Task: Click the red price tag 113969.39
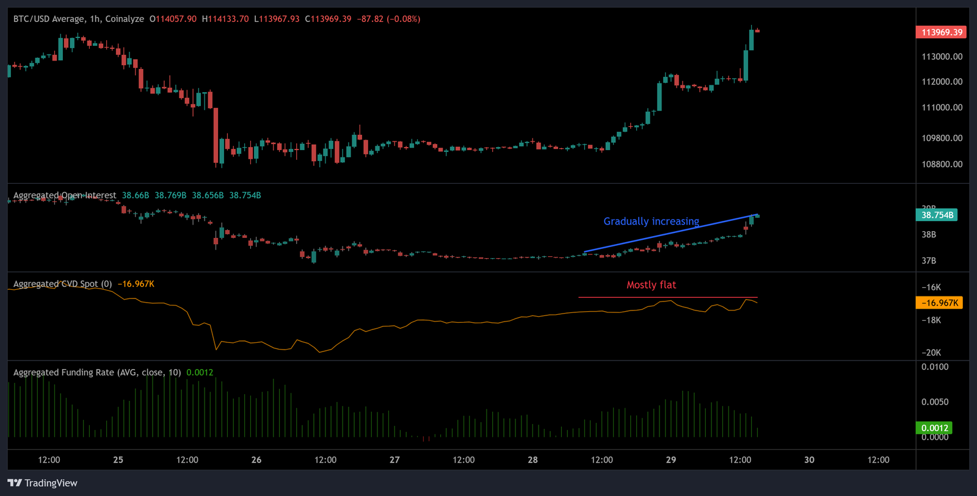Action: (941, 32)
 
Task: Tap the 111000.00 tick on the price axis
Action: (942, 107)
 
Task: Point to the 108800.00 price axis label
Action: (942, 164)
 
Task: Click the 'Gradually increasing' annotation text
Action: (651, 221)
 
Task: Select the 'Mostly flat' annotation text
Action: (651, 285)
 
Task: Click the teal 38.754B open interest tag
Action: (937, 215)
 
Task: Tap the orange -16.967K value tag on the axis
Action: (939, 303)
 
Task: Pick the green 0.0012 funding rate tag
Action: (934, 428)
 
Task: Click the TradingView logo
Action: (42, 483)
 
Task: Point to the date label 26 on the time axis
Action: (256, 460)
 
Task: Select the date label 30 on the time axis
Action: (809, 460)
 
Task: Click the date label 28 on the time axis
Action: (532, 460)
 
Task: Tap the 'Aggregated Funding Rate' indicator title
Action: (97, 372)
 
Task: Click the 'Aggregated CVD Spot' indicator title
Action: (62, 284)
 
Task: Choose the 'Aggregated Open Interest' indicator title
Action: (65, 195)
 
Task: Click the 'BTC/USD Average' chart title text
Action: (49, 19)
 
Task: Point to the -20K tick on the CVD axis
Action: (931, 353)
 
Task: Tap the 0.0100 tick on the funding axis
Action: (935, 367)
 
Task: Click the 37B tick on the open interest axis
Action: (929, 261)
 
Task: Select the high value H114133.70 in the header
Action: (225, 19)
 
